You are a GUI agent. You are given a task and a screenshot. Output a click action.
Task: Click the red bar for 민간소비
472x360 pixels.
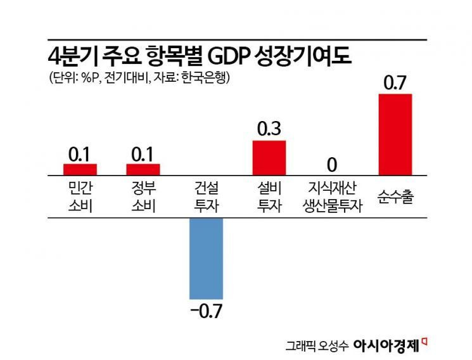coord(80,169)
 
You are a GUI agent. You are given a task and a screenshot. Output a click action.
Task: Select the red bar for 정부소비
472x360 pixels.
coord(143,169)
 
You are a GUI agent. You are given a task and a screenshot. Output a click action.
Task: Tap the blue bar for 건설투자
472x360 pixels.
coord(207,258)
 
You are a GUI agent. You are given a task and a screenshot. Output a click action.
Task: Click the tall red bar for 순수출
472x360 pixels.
coord(395,134)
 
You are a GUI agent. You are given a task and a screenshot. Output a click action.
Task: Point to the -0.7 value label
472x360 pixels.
coord(207,312)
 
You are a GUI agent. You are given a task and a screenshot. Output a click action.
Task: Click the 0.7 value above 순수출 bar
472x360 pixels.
coord(395,82)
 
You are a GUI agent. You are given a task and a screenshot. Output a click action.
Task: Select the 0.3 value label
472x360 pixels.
coord(269,129)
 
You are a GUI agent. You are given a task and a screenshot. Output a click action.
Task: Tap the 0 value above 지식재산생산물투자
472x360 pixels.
coord(331,164)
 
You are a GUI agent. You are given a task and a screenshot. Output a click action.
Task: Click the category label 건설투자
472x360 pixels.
coord(207,196)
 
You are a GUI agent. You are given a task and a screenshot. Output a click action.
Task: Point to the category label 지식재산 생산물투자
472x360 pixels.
coord(332,196)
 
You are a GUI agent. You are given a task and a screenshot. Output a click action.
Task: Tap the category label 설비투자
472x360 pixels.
coord(269,196)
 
